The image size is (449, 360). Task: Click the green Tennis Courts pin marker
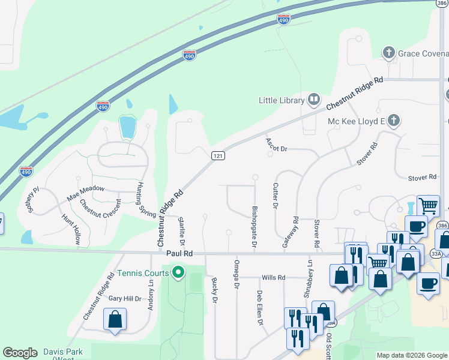(178, 274)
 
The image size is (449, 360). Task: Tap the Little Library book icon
(314, 99)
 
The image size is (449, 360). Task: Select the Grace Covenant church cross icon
(389, 53)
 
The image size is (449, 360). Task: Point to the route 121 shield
(218, 155)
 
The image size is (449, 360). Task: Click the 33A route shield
(435, 254)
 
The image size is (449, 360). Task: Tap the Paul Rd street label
(179, 254)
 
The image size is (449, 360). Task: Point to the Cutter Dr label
(276, 196)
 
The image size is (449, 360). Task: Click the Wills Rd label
(273, 278)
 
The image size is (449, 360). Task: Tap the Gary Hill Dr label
(124, 298)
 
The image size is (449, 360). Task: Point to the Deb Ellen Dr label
(261, 308)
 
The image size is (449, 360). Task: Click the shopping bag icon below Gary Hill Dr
(115, 320)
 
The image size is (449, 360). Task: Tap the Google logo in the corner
(20, 353)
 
